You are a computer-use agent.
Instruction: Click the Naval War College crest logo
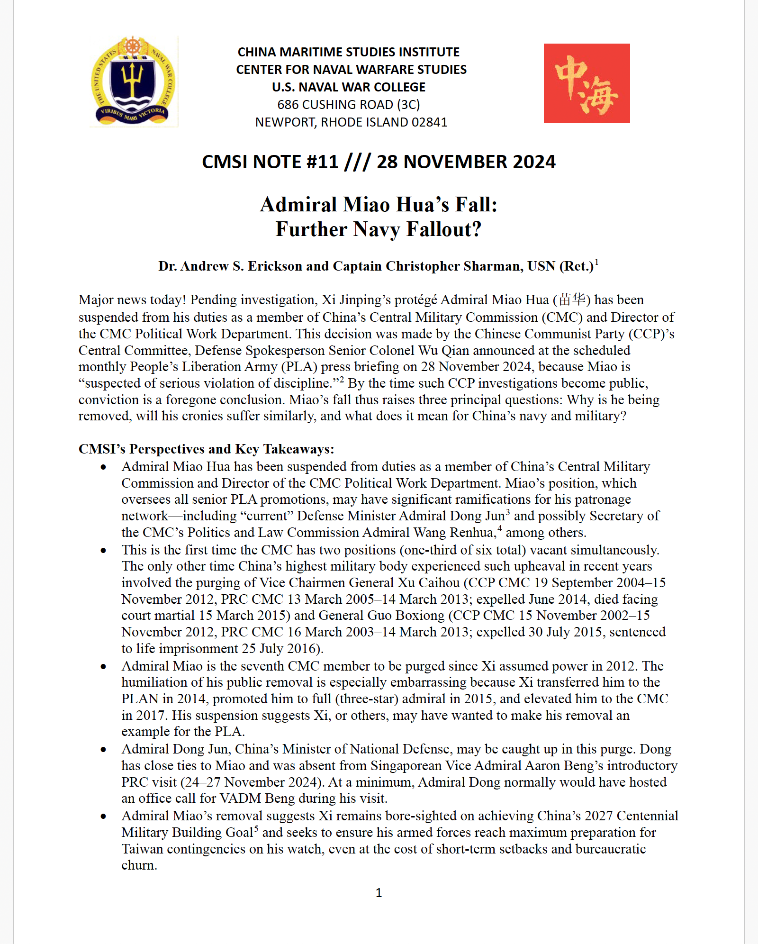(134, 82)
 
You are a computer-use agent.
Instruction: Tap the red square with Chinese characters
(587, 83)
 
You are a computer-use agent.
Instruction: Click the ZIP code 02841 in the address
(429, 122)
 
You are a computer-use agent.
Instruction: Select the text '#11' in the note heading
(322, 162)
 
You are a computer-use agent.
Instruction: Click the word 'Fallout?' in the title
(444, 229)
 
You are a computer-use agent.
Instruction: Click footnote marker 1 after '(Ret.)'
(597, 262)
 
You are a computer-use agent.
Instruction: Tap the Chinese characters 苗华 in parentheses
(572, 300)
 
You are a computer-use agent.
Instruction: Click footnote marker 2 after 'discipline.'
(341, 380)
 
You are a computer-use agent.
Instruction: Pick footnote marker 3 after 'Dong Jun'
(508, 512)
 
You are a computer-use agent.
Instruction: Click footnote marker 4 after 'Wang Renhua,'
(499, 528)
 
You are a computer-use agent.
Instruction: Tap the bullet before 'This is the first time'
(103, 550)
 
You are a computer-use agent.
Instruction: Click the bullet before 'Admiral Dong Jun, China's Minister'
(103, 750)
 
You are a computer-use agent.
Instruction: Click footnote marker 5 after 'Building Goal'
(256, 828)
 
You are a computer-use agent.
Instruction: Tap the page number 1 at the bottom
(379, 893)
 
